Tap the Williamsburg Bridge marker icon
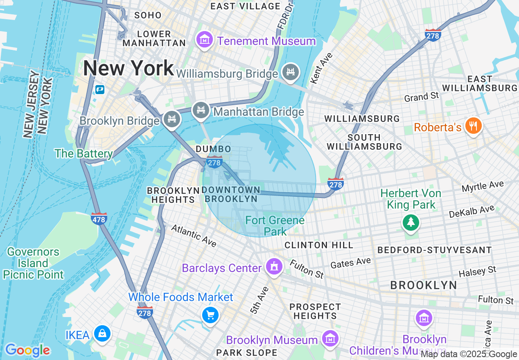(x=291, y=72)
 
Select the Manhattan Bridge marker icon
(x=201, y=110)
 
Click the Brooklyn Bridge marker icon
(x=171, y=119)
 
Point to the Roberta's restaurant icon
(x=474, y=126)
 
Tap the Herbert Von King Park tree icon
(x=411, y=222)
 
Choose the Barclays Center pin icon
(x=274, y=267)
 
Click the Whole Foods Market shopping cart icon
(x=211, y=315)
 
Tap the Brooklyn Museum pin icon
(x=329, y=339)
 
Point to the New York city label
(x=128, y=68)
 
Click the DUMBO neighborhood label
(x=213, y=149)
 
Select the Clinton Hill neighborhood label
(x=318, y=245)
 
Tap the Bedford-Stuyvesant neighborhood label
(x=434, y=250)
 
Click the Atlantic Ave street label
(x=194, y=236)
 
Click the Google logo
(x=27, y=350)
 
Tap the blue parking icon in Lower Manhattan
(x=99, y=89)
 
